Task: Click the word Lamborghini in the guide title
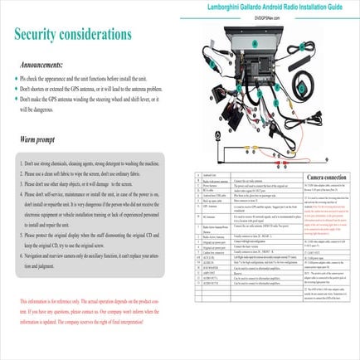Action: point(226,6)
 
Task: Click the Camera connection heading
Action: point(328,178)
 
